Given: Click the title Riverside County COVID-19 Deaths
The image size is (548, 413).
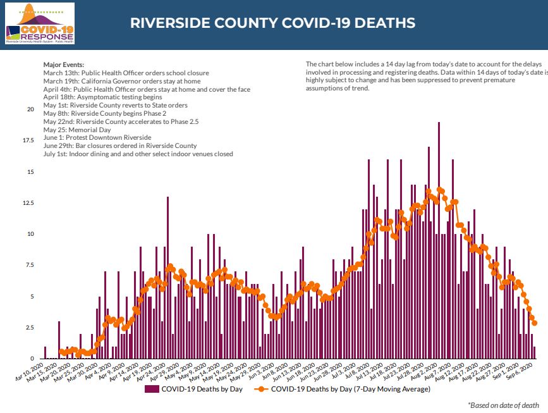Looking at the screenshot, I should (272, 23).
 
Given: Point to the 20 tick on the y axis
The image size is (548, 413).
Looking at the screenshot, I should (30, 109).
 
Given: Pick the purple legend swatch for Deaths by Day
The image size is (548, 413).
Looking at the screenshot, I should (151, 389).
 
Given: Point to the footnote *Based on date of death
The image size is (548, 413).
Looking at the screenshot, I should (504, 404).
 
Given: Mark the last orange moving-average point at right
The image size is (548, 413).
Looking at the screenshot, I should (535, 323).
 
